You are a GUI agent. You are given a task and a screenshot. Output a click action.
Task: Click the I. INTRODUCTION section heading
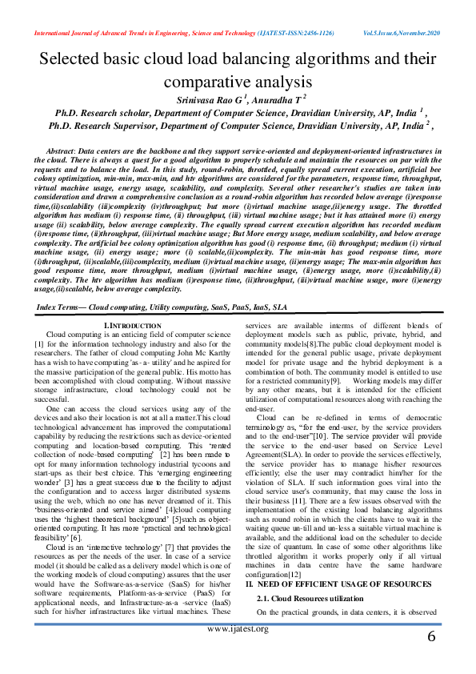pos(133,325)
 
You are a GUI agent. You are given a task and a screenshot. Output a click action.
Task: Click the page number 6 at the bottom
pos(432,637)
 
